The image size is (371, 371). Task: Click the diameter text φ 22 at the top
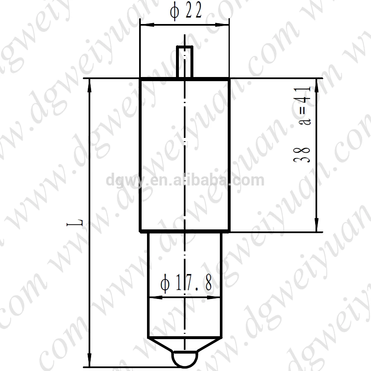coord(185,12)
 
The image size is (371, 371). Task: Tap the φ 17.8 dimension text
coord(186,284)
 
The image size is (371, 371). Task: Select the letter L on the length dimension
coord(81,223)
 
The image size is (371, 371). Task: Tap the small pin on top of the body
coord(185,62)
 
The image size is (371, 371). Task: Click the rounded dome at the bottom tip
coord(185,359)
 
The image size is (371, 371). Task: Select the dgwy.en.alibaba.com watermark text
coord(185,181)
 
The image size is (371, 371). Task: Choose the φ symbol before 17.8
coord(165,284)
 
